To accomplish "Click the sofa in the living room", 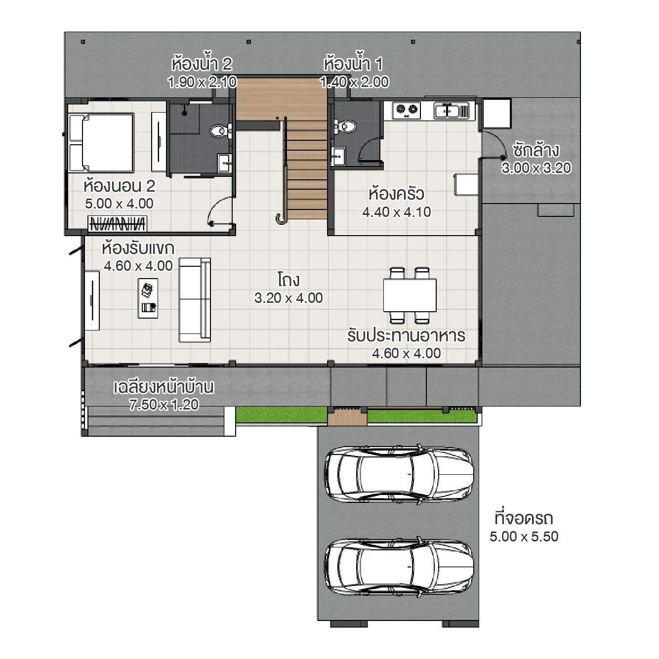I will pyautogui.click(x=195, y=299).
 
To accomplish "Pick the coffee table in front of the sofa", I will pyautogui.click(x=148, y=298).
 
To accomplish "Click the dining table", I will pyautogui.click(x=410, y=295).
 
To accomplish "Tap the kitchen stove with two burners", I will pyautogui.click(x=407, y=110).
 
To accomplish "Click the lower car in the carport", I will pyautogui.click(x=399, y=567).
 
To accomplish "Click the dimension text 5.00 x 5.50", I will pyautogui.click(x=524, y=536).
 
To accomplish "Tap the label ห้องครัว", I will pyautogui.click(x=396, y=194).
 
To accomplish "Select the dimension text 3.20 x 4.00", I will pyautogui.click(x=288, y=298).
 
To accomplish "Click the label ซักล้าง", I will pyautogui.click(x=536, y=150).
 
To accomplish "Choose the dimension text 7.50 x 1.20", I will pyautogui.click(x=164, y=405).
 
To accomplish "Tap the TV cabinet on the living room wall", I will pyautogui.click(x=92, y=300).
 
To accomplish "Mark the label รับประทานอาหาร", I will pyautogui.click(x=406, y=335).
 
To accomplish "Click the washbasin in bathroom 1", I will pyautogui.click(x=338, y=157).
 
